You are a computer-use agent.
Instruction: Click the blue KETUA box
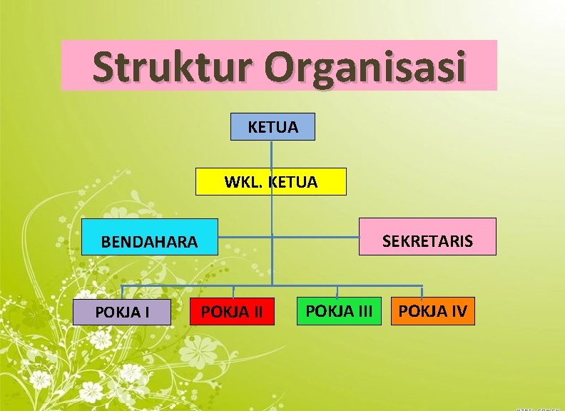coord(273,126)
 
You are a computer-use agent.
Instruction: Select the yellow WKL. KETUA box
coord(271,182)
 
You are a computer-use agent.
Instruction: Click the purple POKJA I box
coord(122,312)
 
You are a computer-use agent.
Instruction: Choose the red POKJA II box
coord(232,312)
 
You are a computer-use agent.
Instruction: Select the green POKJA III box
coord(339,311)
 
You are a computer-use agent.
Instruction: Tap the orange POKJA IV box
coord(433,311)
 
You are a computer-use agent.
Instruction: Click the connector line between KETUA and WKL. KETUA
coord(272,154)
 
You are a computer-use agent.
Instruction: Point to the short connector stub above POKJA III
coord(337,290)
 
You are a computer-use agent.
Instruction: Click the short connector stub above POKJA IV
coord(422,290)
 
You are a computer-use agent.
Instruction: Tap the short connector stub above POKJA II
coord(233,291)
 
